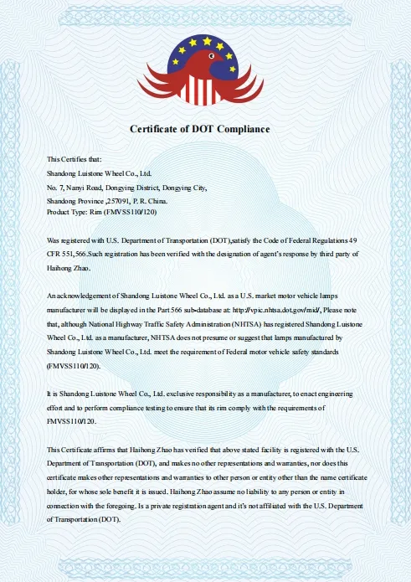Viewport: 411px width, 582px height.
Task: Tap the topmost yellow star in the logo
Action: click(x=206, y=38)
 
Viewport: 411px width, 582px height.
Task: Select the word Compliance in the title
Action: click(x=243, y=129)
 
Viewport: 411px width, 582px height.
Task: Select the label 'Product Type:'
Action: click(x=69, y=213)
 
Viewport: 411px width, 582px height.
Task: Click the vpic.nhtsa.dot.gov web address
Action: click(x=291, y=309)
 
